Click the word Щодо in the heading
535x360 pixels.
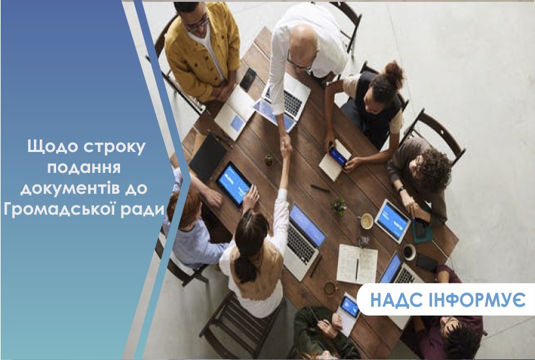(52, 147)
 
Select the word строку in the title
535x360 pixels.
(114, 147)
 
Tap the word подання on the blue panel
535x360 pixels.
(84, 168)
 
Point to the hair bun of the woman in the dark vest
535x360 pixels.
(394, 70)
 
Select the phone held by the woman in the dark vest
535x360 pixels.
(338, 157)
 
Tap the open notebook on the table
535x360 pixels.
(357, 264)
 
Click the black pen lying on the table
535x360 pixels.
(320, 188)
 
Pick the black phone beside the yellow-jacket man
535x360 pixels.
(248, 79)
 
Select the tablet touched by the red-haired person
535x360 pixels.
(234, 184)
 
